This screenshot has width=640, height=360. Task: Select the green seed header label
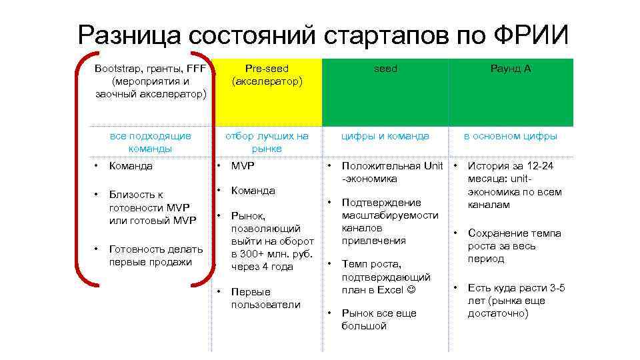385,69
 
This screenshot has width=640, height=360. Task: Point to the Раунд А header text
511,69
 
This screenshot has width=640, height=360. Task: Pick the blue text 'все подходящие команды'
150,142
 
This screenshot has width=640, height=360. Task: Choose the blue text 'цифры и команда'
385,136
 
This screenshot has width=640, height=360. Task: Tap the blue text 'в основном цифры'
511,136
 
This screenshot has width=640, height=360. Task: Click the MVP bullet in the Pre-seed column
243,166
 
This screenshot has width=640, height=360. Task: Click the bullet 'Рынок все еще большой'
379,319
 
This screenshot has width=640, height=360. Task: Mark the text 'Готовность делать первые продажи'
155,255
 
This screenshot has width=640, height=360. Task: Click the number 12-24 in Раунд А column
540,166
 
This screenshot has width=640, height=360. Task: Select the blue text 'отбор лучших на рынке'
267,142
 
